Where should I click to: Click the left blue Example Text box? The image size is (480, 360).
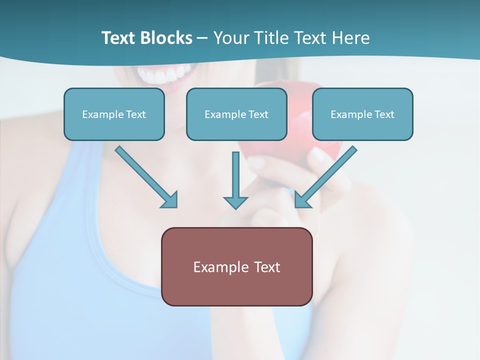tap(114, 114)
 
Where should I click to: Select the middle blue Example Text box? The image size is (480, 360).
tap(236, 114)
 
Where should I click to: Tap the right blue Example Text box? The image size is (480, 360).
tap(362, 114)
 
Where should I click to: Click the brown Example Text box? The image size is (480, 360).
tap(236, 266)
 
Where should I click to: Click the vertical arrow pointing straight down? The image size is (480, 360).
tap(235, 177)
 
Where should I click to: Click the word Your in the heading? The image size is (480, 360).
tap(229, 38)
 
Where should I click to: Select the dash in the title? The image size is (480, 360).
tap(202, 38)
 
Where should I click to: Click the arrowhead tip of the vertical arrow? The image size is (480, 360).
tap(235, 206)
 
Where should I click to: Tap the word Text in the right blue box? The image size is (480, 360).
tap(384, 114)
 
